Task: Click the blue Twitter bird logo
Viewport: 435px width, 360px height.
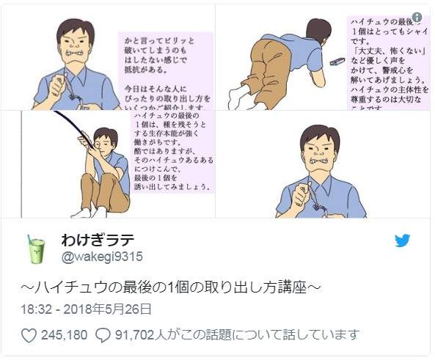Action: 403,240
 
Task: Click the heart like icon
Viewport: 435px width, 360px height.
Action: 29,335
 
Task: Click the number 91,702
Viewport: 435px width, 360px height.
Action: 135,335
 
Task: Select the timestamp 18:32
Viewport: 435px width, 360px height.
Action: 36,308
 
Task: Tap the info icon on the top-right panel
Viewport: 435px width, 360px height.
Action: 417,17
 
